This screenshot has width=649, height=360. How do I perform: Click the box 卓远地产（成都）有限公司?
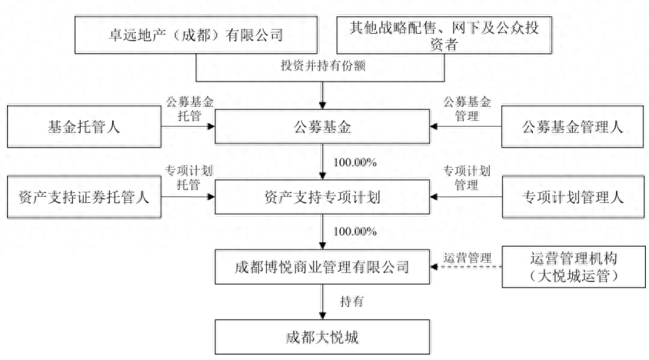click(x=198, y=35)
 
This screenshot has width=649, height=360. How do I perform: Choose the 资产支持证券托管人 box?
click(x=83, y=198)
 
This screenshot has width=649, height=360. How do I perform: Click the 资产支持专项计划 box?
click(x=322, y=198)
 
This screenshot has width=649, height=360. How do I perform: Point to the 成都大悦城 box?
click(x=322, y=336)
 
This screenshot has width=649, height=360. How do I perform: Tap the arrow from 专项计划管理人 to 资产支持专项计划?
click(x=465, y=198)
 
